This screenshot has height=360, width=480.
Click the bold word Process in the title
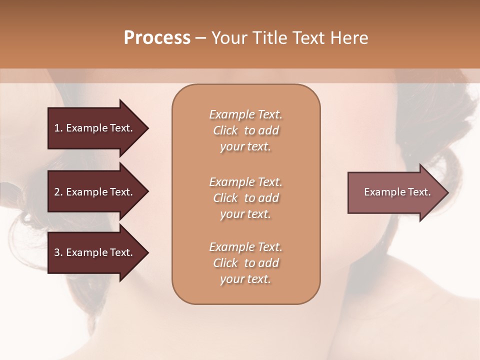(157, 38)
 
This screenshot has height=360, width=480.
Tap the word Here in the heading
(350, 38)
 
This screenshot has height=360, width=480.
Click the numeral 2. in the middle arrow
(58, 192)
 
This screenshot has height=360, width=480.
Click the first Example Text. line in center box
(245, 114)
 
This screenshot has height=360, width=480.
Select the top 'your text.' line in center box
(245, 147)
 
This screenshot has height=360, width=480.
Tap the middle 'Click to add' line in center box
(245, 198)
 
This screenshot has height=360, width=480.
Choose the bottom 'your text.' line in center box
(245, 279)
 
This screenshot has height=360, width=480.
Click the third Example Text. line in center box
(245, 247)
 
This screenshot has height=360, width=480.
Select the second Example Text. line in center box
(245, 182)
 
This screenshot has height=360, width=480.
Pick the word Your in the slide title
(228, 38)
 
